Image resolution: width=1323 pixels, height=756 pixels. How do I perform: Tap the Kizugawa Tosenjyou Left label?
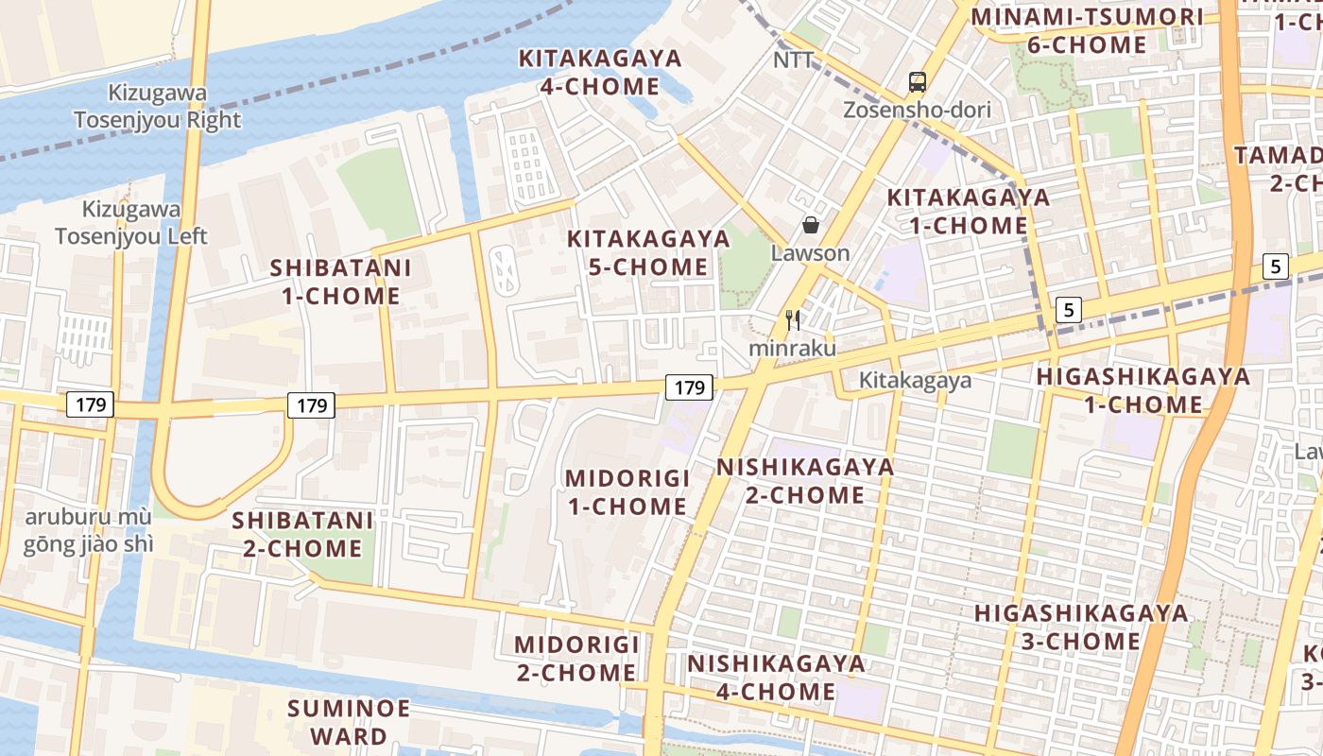pyautogui.click(x=131, y=223)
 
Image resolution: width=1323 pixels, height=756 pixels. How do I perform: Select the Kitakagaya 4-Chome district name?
pyautogui.click(x=600, y=73)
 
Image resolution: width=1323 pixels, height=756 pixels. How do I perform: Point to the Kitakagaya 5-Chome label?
pyautogui.click(x=648, y=252)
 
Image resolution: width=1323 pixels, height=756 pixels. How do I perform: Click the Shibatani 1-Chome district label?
pyautogui.click(x=340, y=282)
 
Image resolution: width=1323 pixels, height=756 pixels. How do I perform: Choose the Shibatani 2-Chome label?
pyautogui.click(x=302, y=534)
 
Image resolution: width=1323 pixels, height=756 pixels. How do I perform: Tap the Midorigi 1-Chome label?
pyautogui.click(x=627, y=492)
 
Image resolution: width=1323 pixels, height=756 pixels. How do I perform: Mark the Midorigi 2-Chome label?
pyautogui.click(x=576, y=659)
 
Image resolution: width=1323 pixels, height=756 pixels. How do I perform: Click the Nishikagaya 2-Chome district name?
pyautogui.click(x=804, y=481)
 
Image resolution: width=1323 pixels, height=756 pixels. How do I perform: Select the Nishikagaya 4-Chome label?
pyautogui.click(x=776, y=678)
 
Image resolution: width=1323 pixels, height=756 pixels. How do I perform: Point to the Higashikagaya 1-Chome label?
pyautogui.click(x=1143, y=390)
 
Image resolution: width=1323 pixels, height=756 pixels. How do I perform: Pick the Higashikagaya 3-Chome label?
pyautogui.click(x=1081, y=627)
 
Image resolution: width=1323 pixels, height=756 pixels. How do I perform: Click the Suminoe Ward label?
pyautogui.click(x=349, y=722)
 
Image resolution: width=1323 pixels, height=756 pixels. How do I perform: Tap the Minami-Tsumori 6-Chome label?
pyautogui.click(x=1087, y=30)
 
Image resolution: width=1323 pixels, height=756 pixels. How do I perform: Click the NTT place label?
pyautogui.click(x=793, y=60)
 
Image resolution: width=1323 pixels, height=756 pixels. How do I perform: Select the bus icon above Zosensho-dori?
pyautogui.click(x=917, y=82)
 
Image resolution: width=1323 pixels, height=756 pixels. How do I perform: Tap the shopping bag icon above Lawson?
pyautogui.click(x=810, y=225)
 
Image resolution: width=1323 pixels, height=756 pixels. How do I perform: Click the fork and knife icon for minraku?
pyautogui.click(x=793, y=320)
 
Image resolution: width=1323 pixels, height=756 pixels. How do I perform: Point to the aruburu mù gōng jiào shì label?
pyautogui.click(x=89, y=531)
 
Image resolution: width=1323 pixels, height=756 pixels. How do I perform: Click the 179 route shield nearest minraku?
pyautogui.click(x=689, y=387)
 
